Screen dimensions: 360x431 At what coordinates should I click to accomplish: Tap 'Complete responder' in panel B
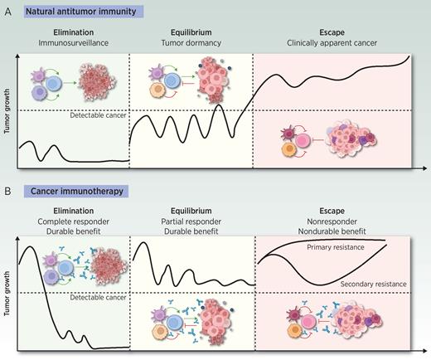70,221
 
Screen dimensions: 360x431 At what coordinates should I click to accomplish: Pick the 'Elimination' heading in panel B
70,211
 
